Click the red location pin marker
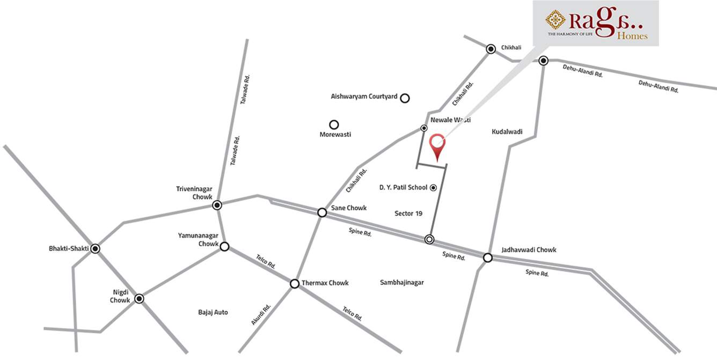click(438, 144)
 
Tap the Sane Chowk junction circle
click(322, 212)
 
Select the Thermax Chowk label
click(325, 283)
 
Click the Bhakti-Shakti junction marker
click(95, 248)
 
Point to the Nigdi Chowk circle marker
click(139, 298)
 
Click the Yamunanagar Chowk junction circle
click(225, 247)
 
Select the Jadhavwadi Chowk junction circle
click(488, 258)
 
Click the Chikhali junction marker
click(491, 49)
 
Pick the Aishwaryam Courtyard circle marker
click(405, 98)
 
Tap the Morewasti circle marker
click(334, 124)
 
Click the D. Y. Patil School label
click(403, 187)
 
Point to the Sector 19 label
click(408, 214)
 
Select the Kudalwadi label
click(507, 131)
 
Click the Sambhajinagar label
click(401, 282)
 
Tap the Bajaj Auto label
click(213, 312)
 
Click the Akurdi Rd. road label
click(261, 314)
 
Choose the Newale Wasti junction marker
click(424, 128)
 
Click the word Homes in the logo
click(632, 36)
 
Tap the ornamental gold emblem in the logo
click(555, 20)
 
